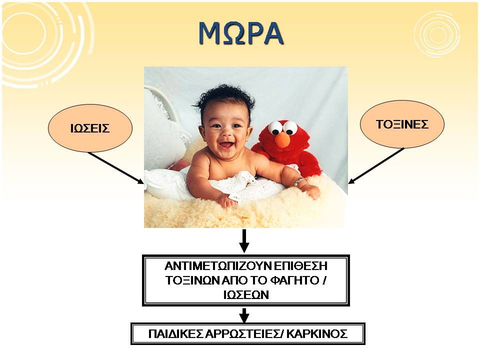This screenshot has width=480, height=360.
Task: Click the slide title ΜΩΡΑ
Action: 241,33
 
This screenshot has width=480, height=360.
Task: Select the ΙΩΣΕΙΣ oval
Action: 90,128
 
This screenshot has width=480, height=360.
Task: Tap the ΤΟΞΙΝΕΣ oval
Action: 402,124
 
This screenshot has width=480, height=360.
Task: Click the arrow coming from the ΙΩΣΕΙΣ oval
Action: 115,168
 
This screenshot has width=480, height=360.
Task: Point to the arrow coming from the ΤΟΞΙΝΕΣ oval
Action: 376,165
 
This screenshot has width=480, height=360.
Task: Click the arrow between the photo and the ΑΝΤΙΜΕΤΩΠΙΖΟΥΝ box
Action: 244,241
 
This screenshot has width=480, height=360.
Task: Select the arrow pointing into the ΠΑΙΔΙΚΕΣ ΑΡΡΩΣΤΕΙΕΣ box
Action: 244,315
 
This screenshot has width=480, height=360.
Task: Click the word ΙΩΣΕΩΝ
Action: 246,295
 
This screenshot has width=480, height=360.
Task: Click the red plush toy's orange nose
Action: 282,140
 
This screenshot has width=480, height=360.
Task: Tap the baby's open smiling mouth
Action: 226,144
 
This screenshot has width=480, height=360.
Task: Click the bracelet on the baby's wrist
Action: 299,182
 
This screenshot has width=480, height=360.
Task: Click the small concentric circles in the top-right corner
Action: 437,33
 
